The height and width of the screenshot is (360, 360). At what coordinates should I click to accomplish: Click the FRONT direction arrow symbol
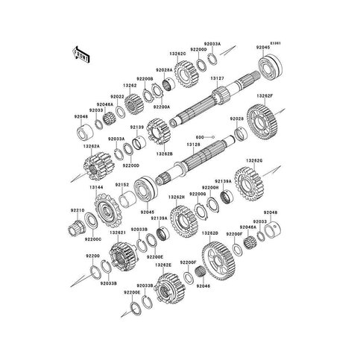tap(80, 54)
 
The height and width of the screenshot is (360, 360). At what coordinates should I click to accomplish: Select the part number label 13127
tap(218, 79)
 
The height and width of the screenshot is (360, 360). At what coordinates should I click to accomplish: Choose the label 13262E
tap(164, 265)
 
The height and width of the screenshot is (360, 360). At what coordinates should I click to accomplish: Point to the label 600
tap(200, 138)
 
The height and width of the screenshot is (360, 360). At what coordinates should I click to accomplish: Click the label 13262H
tap(176, 198)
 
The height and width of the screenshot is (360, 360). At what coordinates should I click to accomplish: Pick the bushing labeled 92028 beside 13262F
tap(241, 134)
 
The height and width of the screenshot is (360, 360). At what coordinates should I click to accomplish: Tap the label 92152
tap(122, 184)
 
